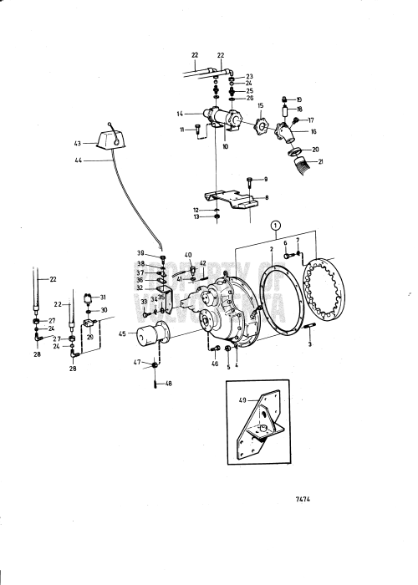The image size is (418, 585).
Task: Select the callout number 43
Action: (78, 143)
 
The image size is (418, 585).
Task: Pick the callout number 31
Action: (104, 298)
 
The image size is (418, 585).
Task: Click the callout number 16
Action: (313, 131)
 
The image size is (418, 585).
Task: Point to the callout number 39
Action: (141, 252)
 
